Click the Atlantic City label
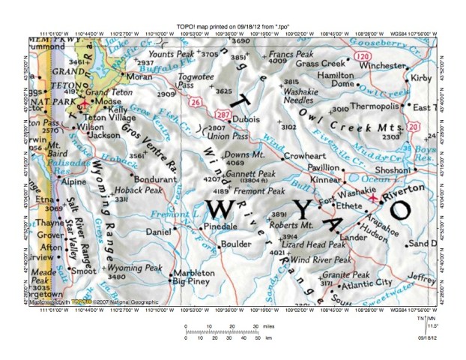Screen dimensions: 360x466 coord(367,283)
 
